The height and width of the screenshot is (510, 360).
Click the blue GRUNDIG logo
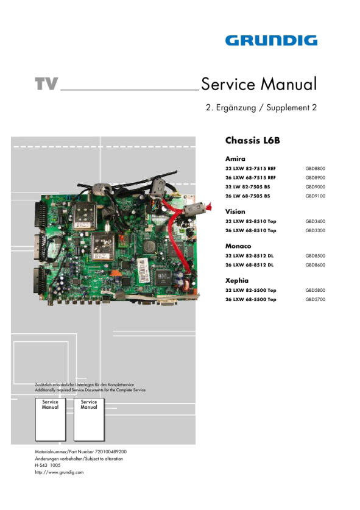pyautogui.click(x=271, y=41)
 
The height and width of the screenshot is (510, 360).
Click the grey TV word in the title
pyautogui.click(x=46, y=83)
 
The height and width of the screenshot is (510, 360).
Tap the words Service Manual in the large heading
pyautogui.click(x=259, y=84)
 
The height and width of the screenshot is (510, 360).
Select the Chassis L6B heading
pyautogui.click(x=253, y=141)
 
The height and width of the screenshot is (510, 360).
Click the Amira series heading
pyautogui.click(x=236, y=158)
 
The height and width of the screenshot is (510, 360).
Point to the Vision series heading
pyautogui.click(x=235, y=211)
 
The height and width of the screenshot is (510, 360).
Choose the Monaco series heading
pyautogui.click(x=238, y=246)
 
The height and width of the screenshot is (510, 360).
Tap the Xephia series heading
pyautogui.click(x=237, y=280)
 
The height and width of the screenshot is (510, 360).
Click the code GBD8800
pyautogui.click(x=315, y=169)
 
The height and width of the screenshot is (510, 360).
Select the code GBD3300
pyautogui.click(x=315, y=230)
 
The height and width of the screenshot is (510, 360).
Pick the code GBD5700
pyautogui.click(x=315, y=299)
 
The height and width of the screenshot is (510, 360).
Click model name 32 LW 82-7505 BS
pyautogui.click(x=247, y=186)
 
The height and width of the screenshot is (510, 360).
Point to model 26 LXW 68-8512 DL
pyautogui.click(x=249, y=265)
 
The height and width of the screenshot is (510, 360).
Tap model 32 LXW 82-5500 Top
pyautogui.click(x=251, y=290)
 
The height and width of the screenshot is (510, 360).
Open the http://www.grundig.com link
pyautogui.click(x=59, y=472)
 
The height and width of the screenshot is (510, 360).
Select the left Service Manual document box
pyautogui.click(x=51, y=419)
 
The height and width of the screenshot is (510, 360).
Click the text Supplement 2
pyautogui.click(x=291, y=108)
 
